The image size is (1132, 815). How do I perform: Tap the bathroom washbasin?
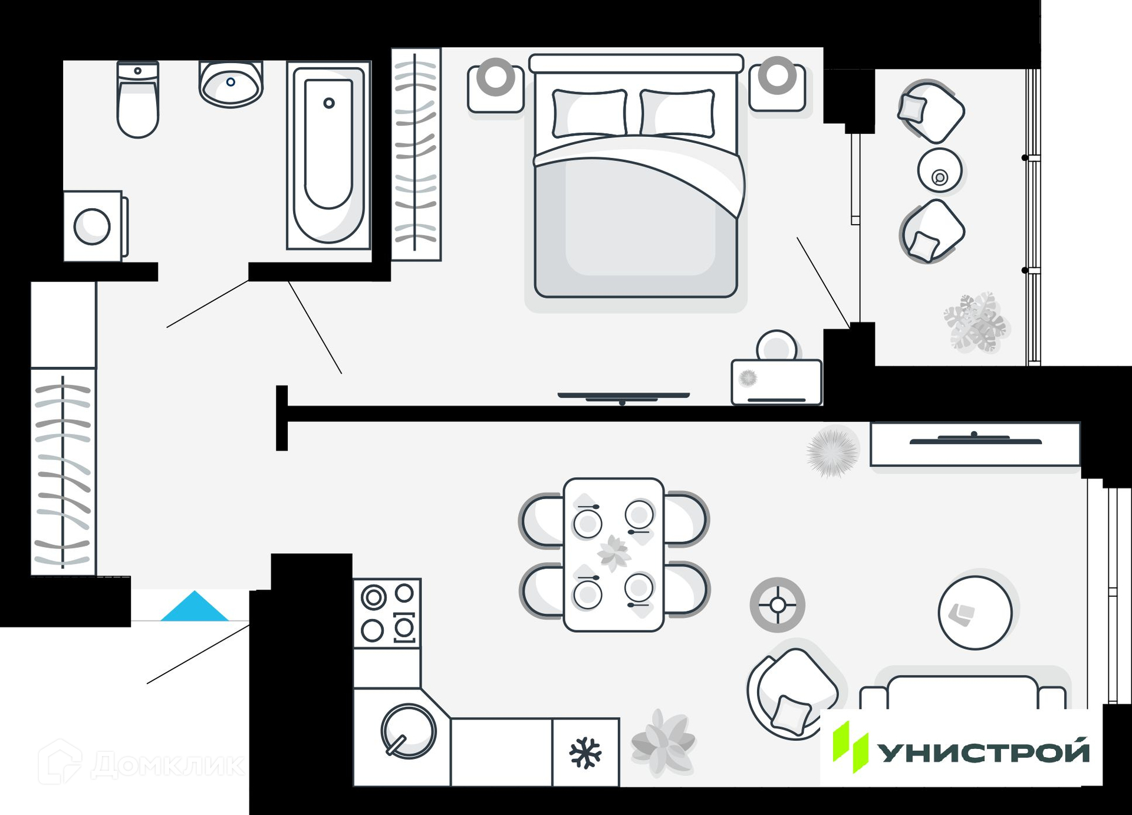(231, 84)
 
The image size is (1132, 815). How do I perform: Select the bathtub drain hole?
(329, 103)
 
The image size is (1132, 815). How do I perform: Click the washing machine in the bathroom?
(93, 226)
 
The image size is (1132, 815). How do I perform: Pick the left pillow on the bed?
(589, 113)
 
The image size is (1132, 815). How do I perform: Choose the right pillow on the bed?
(677, 113)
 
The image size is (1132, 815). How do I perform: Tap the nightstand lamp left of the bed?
(495, 77)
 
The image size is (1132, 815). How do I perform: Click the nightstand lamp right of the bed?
(777, 75)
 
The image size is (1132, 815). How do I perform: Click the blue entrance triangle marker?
(195, 607)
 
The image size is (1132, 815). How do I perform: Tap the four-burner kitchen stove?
(387, 613)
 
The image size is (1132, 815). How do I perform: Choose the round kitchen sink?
(408, 731)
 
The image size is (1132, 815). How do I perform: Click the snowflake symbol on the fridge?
(585, 752)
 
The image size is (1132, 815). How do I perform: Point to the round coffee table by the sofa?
(975, 613)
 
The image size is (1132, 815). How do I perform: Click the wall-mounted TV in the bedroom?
(623, 397)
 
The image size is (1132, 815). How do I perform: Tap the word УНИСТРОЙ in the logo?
(982, 752)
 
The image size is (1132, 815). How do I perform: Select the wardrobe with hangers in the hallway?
(63, 472)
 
